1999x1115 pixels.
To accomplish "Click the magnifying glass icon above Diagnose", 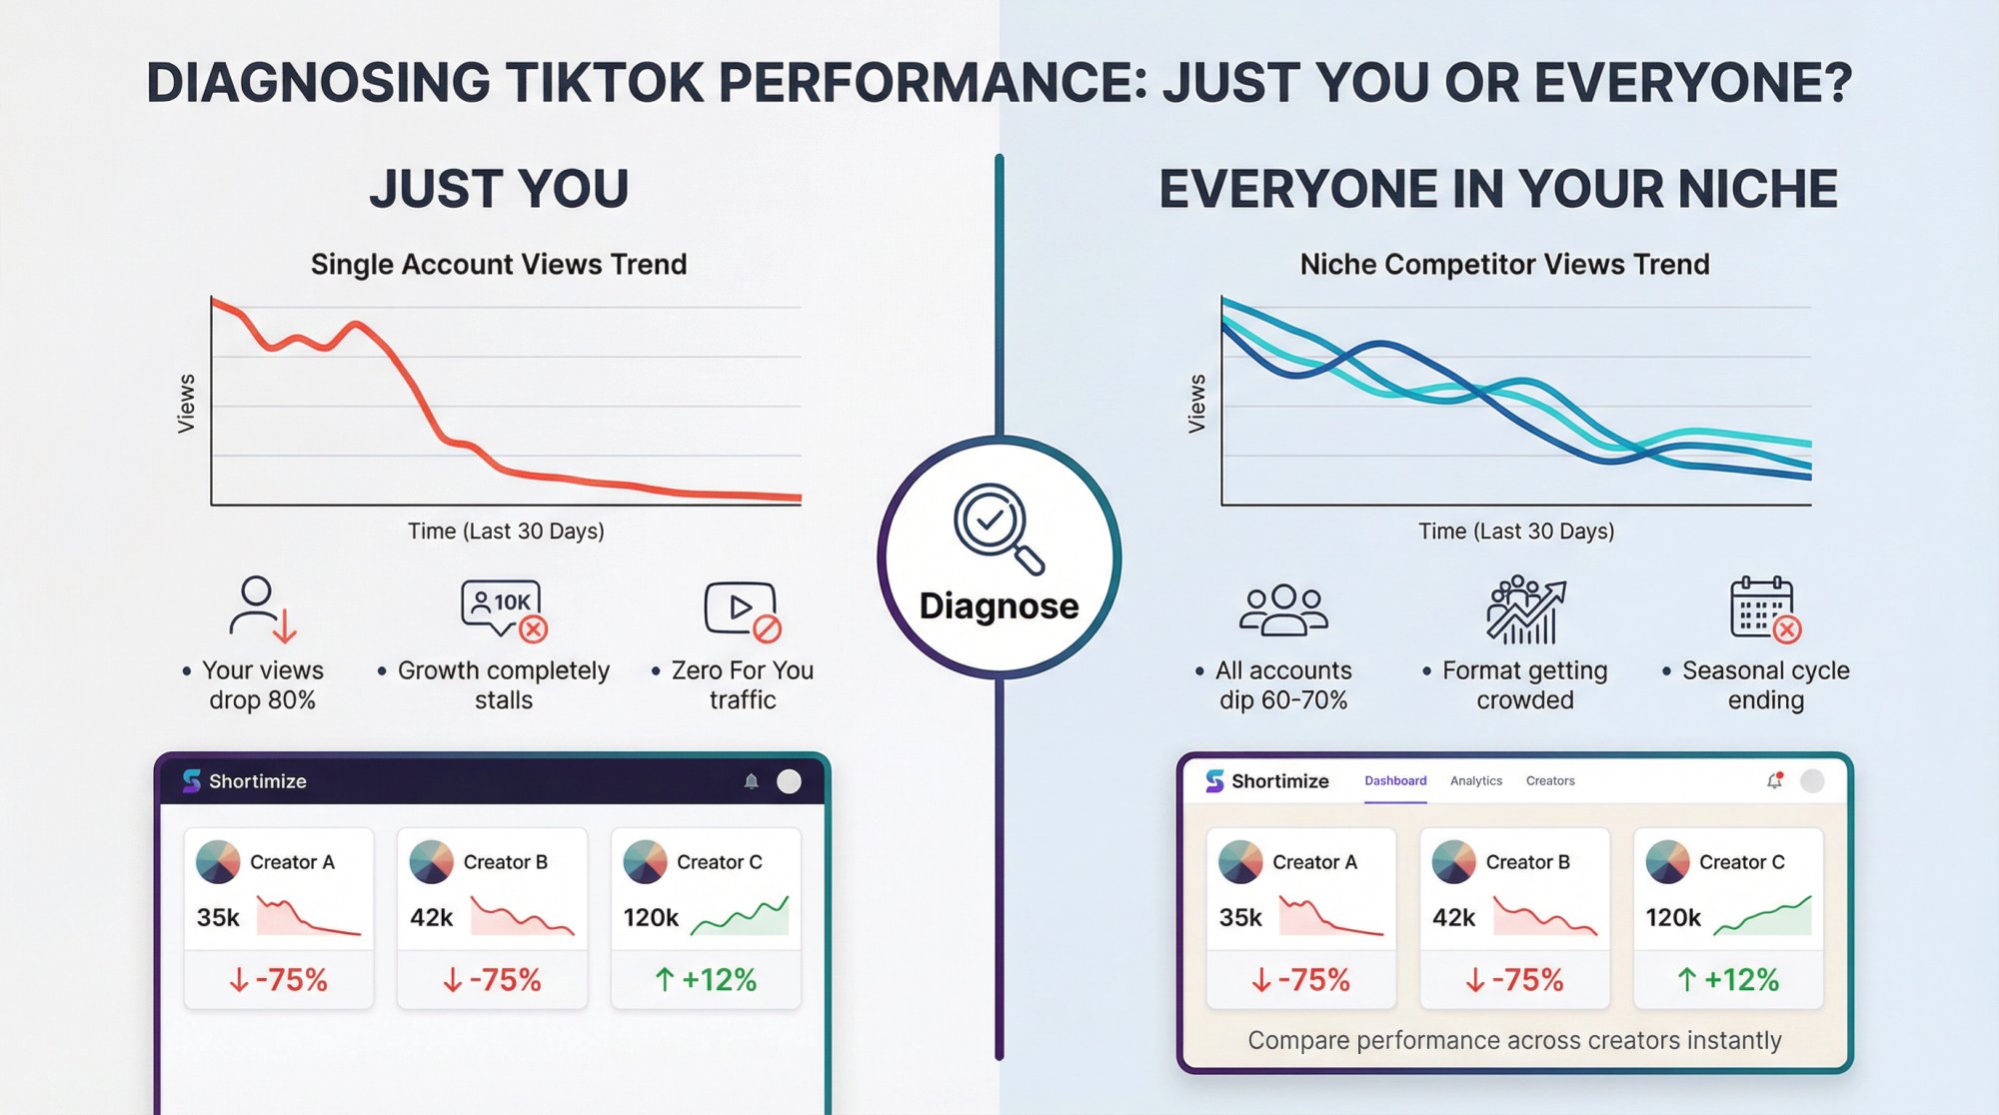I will tap(997, 527).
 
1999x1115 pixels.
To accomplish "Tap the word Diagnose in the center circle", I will tap(999, 606).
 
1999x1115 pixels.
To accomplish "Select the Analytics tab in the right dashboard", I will tap(1475, 781).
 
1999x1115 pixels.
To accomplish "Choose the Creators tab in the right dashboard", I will tap(1549, 781).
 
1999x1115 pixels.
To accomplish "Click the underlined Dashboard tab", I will tap(1395, 781).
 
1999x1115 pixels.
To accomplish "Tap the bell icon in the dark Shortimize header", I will tap(752, 781).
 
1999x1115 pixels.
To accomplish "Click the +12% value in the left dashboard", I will tap(706, 980).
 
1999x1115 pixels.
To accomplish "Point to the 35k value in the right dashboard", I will tap(1240, 917).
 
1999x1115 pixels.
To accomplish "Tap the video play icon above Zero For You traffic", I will tap(742, 609).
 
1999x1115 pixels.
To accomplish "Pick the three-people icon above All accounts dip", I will tap(1283, 609).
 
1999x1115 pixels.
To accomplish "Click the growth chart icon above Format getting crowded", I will tap(1525, 609).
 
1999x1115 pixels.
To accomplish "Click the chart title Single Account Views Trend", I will tap(499, 265).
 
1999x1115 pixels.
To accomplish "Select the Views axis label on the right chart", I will tap(1196, 404).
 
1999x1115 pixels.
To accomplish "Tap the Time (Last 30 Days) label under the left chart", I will tap(506, 532).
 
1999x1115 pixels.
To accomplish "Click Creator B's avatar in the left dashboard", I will tap(432, 861).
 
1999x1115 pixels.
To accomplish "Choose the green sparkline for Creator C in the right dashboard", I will tap(1762, 916).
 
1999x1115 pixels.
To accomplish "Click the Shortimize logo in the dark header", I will tap(192, 780).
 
